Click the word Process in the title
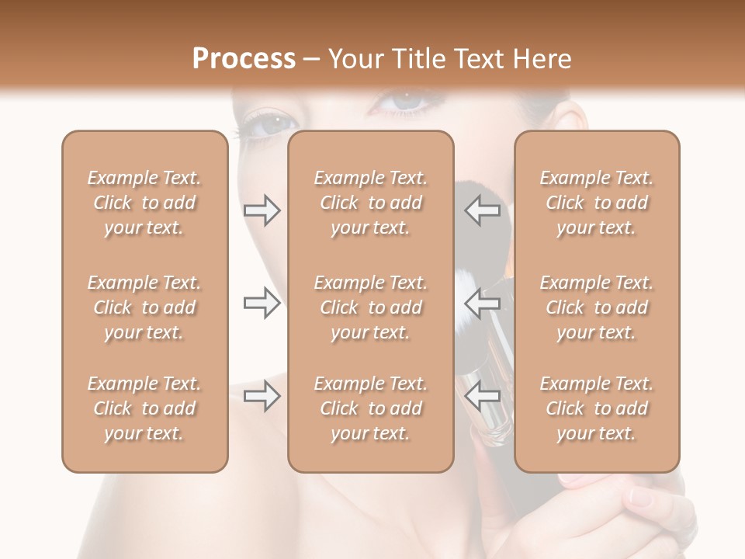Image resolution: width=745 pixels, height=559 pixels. (244, 59)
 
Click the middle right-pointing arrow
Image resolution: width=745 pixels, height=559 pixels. (262, 303)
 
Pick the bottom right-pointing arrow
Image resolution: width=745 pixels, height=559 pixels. (262, 397)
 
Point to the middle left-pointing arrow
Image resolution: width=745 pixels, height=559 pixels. (482, 303)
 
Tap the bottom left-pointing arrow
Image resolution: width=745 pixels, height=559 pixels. (482, 397)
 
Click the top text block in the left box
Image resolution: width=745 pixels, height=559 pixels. (144, 203)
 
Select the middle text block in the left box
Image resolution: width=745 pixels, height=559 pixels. (144, 307)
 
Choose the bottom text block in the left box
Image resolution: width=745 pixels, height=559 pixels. (144, 408)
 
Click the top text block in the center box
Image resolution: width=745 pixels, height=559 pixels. (370, 203)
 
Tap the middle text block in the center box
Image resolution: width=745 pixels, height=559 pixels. (370, 307)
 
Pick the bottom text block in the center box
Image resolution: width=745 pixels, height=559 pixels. (370, 408)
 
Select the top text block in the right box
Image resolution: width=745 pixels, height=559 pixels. (596, 203)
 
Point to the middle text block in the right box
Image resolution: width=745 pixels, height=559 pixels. (596, 307)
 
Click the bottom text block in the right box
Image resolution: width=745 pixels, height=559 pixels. (596, 408)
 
